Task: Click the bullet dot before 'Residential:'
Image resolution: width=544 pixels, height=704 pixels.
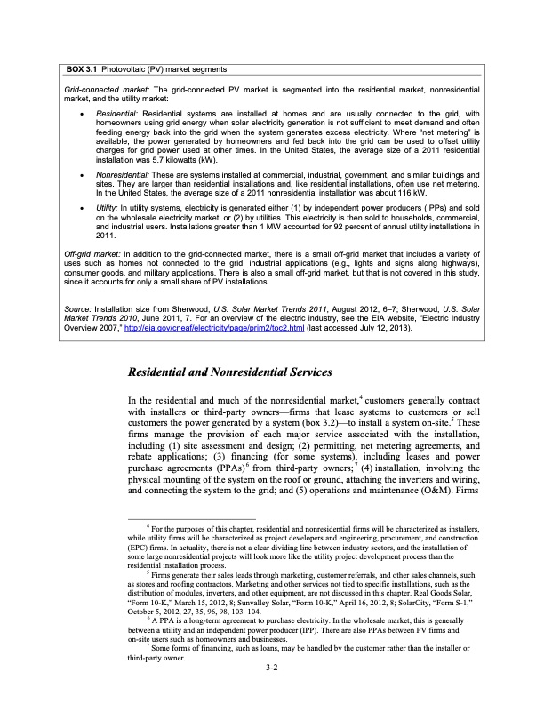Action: pyautogui.click(x=83, y=113)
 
